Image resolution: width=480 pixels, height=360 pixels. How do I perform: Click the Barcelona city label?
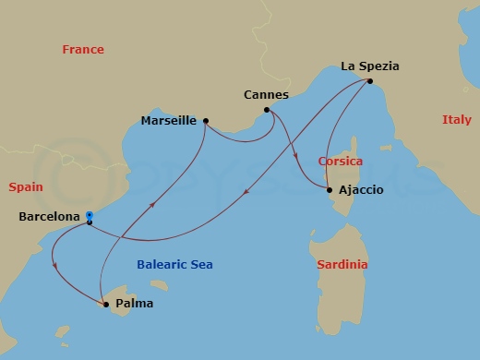coord(48,218)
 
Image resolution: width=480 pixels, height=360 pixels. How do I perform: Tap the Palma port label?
coord(135,303)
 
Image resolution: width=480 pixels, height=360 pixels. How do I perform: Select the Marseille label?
coord(168,120)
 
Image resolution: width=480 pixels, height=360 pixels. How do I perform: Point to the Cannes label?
coord(267,95)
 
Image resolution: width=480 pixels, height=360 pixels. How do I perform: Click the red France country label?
coord(83,50)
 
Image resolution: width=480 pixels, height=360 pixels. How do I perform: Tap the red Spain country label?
coord(26,186)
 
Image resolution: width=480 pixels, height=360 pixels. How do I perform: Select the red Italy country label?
coord(456,120)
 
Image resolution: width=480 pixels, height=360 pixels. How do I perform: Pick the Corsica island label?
coord(340,161)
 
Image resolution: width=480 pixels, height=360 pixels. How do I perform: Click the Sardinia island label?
coord(342,265)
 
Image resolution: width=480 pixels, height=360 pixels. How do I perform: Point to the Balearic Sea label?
coord(174,265)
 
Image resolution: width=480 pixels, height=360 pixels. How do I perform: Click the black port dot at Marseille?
coord(206,120)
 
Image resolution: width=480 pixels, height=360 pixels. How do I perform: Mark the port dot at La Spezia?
coord(369,81)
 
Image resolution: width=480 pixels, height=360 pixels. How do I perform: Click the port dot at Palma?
coord(105,303)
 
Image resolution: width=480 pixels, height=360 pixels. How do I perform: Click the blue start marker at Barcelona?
coord(89,216)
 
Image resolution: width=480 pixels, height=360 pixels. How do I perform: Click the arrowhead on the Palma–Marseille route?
coord(153,200)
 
